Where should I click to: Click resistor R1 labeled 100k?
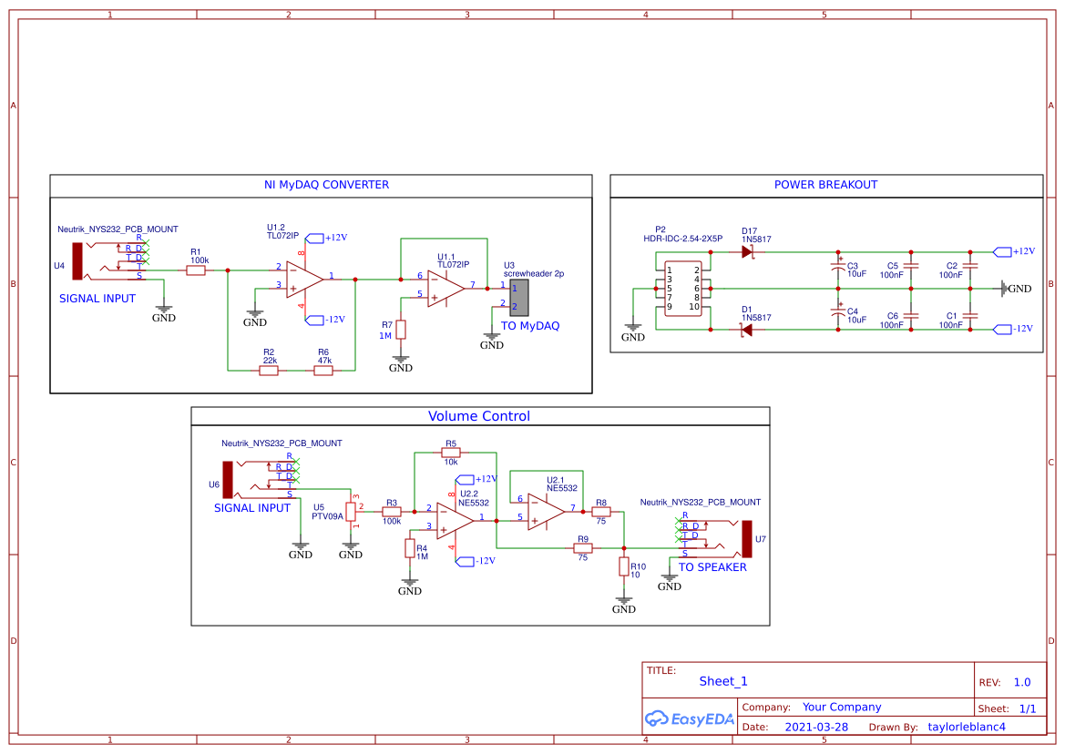pyautogui.click(x=196, y=270)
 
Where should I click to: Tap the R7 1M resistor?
pyautogui.click(x=401, y=330)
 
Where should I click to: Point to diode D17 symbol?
pyautogui.click(x=749, y=252)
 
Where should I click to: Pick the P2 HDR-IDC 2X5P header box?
pyautogui.click(x=681, y=289)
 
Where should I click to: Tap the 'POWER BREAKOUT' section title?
pyautogui.click(x=825, y=185)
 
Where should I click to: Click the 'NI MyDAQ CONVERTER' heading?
pyautogui.click(x=326, y=185)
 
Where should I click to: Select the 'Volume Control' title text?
pyautogui.click(x=479, y=416)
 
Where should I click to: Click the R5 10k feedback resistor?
pyautogui.click(x=451, y=453)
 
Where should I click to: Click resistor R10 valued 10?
pyautogui.click(x=624, y=566)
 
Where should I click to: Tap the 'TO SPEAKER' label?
pyautogui.click(x=712, y=567)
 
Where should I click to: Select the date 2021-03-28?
pyautogui.click(x=816, y=728)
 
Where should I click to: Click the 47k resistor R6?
pyautogui.click(x=323, y=371)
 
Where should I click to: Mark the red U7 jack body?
pyautogui.click(x=746, y=539)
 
